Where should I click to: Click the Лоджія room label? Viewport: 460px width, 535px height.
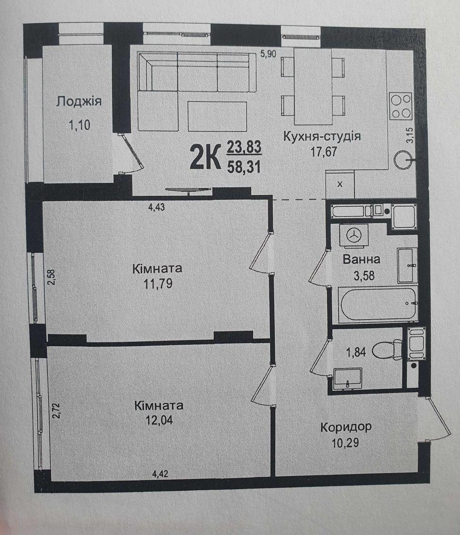click(79, 101)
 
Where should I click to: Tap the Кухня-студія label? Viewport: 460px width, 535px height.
click(322, 136)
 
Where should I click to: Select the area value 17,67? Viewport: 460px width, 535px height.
click(323, 151)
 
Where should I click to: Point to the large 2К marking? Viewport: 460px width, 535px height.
click(205, 157)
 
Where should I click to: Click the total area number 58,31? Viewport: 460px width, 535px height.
click(244, 167)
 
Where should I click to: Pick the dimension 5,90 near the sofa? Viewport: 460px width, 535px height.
click(268, 54)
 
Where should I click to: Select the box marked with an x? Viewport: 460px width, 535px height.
click(340, 184)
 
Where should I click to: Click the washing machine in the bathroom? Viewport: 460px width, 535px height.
click(353, 235)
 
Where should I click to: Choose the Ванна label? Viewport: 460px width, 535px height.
click(361, 259)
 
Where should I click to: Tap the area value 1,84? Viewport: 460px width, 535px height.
click(356, 352)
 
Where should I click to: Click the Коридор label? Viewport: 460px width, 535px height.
click(346, 427)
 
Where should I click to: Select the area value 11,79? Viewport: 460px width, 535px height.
click(158, 284)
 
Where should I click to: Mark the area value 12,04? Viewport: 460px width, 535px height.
click(159, 420)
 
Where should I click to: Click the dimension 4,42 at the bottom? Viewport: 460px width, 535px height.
click(160, 474)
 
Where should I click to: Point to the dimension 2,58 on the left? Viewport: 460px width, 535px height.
click(51, 277)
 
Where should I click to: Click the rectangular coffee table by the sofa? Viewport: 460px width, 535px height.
click(217, 117)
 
